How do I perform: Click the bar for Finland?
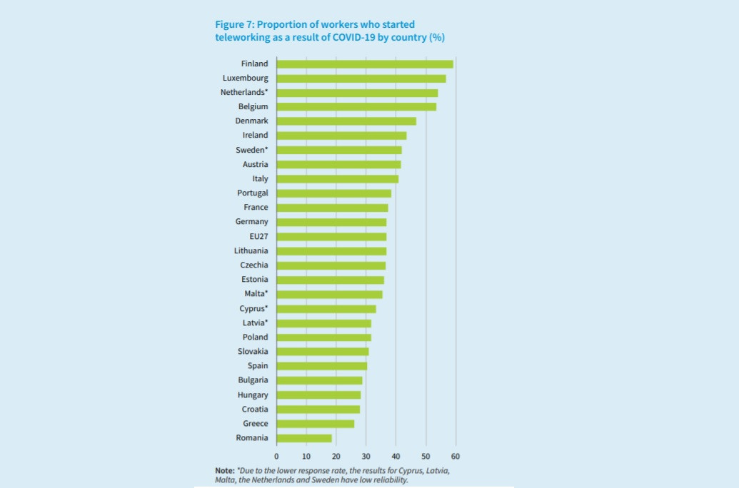364,64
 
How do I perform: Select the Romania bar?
304,438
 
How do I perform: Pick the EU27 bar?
331,237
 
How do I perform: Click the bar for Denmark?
346,121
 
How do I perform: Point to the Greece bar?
315,424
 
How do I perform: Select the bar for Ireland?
341,136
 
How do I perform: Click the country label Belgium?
253,107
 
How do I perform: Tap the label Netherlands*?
244,93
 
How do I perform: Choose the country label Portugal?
253,193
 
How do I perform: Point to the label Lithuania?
251,251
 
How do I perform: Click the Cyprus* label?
253,309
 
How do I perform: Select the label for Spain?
258,366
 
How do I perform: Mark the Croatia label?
255,410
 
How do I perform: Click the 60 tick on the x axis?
456,456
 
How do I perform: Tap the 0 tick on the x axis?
276,456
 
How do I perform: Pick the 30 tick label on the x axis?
366,456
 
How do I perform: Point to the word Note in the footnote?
224,472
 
